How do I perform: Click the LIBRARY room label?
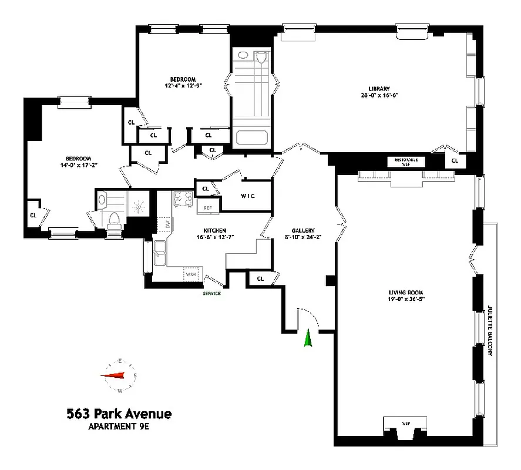tap(375, 89)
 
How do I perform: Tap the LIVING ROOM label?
tap(405, 292)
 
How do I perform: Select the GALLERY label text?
tap(304, 230)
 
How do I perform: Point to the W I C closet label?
tap(247, 196)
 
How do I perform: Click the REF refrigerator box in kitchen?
tap(207, 207)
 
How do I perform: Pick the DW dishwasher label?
tap(168, 224)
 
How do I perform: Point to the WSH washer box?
tap(191, 274)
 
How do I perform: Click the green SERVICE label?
tap(211, 293)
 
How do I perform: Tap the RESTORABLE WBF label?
tap(406, 162)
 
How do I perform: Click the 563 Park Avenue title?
tap(119, 414)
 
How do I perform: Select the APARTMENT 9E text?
tap(119, 428)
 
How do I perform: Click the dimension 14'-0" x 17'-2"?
tap(78, 165)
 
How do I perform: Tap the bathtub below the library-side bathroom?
tap(251, 139)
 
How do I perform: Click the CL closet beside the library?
tap(455, 160)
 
